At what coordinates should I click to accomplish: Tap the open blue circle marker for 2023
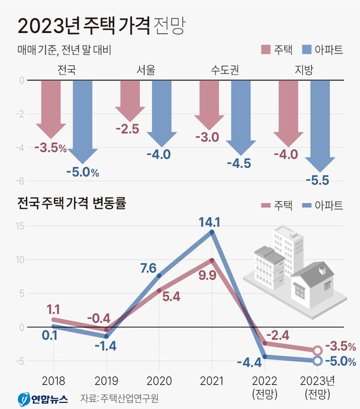pos(317,360)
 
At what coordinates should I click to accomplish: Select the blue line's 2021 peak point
pos(211,232)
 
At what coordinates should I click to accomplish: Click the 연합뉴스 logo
pos(42,398)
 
